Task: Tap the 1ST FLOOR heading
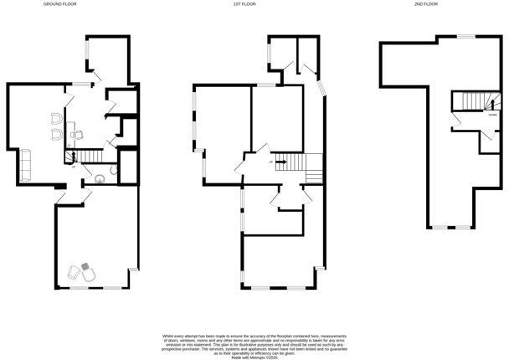(244, 4)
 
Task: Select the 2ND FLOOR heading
(426, 4)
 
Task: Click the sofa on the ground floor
(25, 162)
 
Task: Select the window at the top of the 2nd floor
(465, 37)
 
